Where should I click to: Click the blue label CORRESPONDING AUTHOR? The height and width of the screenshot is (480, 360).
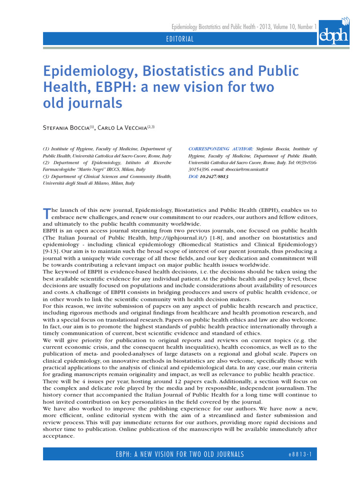[x=221, y=149]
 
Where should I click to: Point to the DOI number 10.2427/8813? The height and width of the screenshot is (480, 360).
[x=214, y=177]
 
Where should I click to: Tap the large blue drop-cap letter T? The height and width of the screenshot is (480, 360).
[x=46, y=213]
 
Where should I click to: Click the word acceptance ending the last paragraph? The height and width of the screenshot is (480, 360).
[x=58, y=436]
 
